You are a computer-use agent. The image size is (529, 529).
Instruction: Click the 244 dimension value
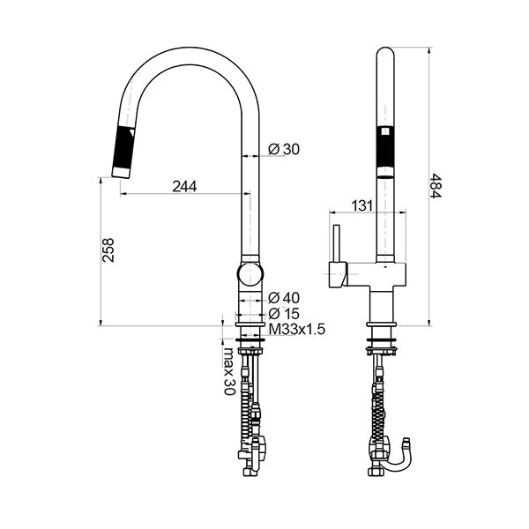pos(184,186)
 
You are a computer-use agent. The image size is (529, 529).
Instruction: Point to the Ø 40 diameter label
pos(284,298)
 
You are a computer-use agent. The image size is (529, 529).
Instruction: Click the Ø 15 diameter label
pos(284,313)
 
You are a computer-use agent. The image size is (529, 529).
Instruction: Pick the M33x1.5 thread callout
pos(297,329)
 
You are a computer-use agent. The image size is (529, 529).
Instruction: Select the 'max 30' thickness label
pos(228,370)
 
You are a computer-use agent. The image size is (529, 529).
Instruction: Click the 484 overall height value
pos(436,185)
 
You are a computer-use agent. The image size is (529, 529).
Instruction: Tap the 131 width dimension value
pos(361,205)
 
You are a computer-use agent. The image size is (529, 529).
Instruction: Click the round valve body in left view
pos(250,273)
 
